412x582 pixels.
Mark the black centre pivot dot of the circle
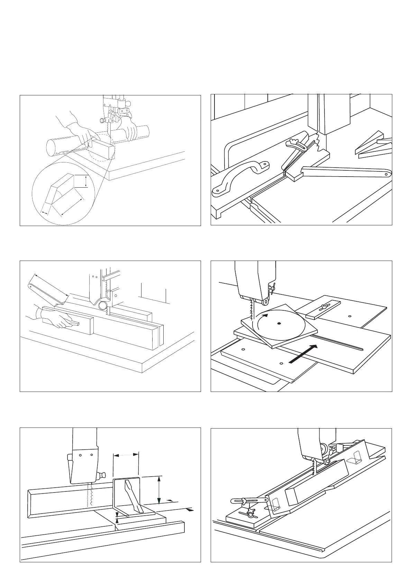(x=279, y=323)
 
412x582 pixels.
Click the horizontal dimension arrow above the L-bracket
(x=126, y=456)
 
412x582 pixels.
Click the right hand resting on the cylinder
(x=128, y=130)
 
